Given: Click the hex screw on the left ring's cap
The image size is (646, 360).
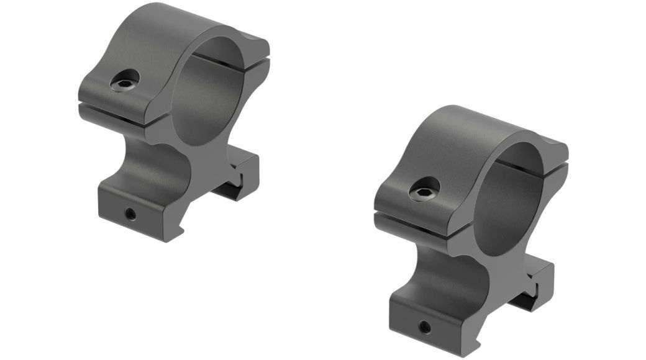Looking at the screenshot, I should (125, 81).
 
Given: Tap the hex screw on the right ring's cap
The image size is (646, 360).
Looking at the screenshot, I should (425, 189).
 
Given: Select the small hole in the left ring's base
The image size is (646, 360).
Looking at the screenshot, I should (130, 214).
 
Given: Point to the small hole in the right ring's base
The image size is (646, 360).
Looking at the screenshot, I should (425, 325).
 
